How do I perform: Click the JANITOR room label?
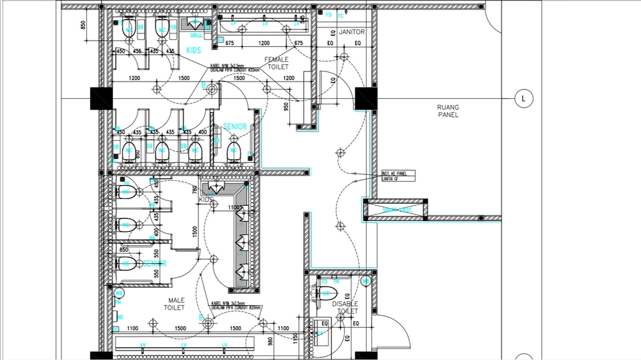point(352,31)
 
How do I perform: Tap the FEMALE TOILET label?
point(276,63)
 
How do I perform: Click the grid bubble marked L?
point(523,99)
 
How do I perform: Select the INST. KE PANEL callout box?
point(398,176)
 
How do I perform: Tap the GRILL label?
point(196,35)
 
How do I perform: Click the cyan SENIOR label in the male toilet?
point(154,264)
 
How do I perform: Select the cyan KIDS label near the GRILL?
point(194,51)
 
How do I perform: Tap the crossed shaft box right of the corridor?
point(394,210)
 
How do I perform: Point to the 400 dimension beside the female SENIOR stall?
point(203,133)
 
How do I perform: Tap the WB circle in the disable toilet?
point(365,283)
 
